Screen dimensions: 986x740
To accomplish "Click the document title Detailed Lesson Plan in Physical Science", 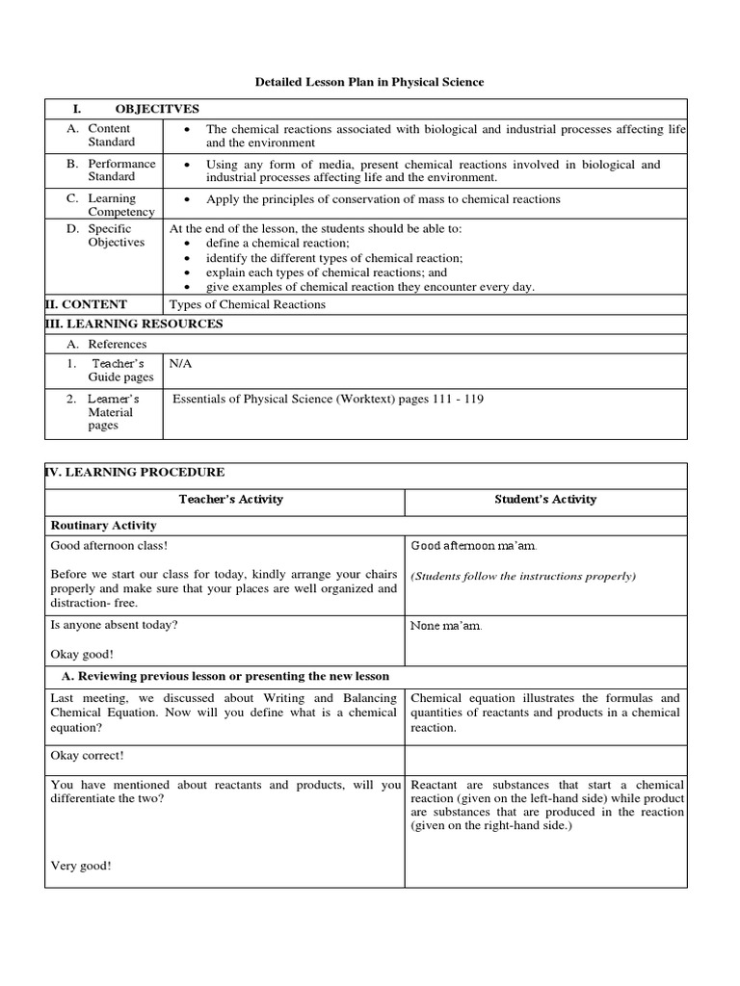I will click(369, 83).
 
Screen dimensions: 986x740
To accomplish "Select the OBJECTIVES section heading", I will click(157, 110).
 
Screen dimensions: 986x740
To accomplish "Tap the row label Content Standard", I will click(109, 135).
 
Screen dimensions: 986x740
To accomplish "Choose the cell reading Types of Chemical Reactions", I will click(248, 304).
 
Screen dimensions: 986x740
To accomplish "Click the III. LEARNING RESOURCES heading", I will click(134, 324).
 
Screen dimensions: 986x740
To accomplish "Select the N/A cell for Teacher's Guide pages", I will click(180, 365).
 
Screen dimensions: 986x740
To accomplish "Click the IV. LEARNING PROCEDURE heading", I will click(135, 472).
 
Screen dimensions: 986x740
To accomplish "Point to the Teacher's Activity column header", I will click(231, 500).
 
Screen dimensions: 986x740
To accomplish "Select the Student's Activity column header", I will click(545, 500).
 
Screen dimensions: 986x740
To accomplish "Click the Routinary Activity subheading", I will click(103, 526).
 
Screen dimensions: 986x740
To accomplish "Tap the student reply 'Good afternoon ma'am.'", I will click(473, 546).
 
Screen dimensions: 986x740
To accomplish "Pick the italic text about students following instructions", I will click(523, 576).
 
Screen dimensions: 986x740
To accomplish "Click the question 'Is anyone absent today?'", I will click(114, 624).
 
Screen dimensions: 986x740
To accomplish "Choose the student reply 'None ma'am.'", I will click(446, 627).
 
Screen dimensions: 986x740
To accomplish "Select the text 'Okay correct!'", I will click(87, 756).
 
